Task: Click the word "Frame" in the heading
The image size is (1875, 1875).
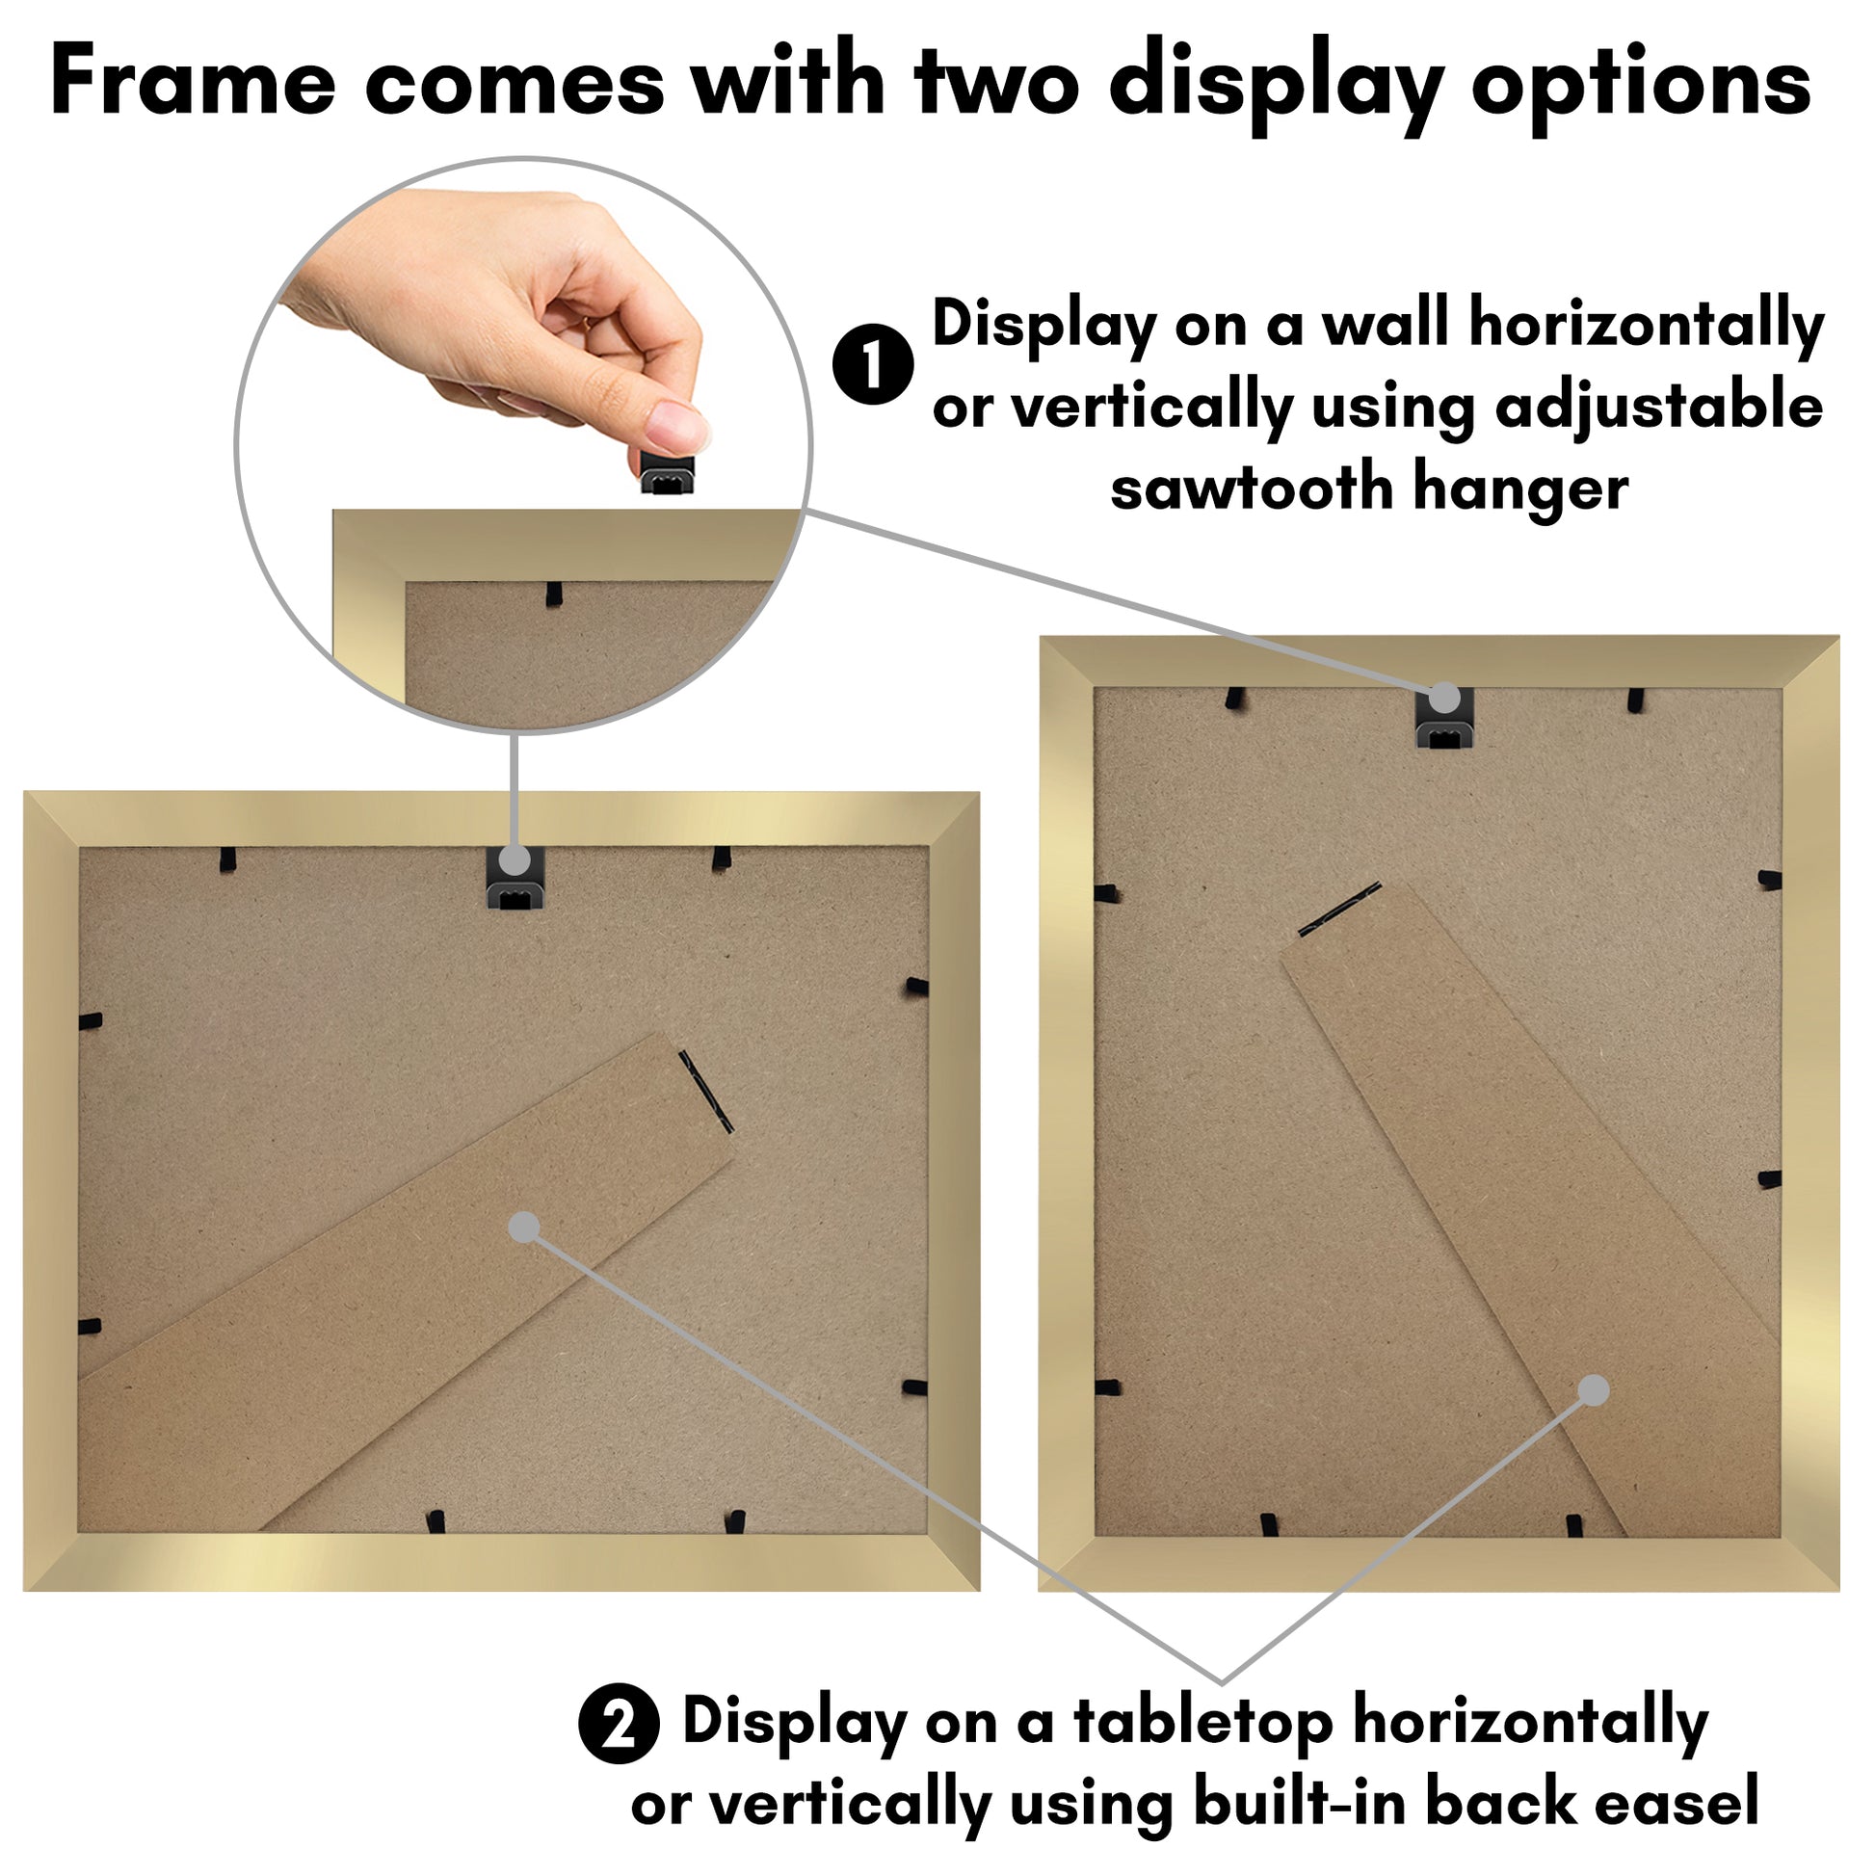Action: pos(193,82)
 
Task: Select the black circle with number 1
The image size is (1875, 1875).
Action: pos(874,365)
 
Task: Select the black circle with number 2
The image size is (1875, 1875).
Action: pos(620,1723)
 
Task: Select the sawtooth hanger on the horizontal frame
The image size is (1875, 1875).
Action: pos(515,880)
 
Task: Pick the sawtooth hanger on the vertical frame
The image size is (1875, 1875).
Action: pos(1445,717)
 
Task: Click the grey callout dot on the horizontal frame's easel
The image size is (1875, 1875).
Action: pos(524,1227)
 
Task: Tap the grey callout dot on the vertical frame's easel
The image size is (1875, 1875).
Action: pos(1594,1390)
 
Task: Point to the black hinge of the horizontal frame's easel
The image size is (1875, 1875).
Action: pos(705,1092)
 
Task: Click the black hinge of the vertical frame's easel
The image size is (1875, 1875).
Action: pos(1339,911)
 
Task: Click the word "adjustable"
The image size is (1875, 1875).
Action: pos(1658,408)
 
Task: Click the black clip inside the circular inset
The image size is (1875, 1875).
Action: pos(554,594)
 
